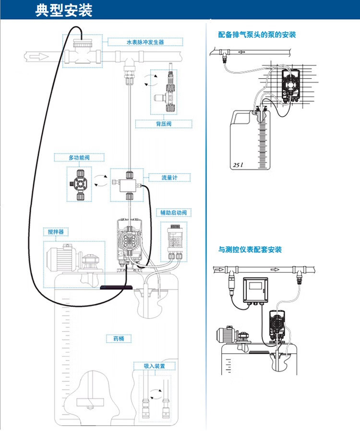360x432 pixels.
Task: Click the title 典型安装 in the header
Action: (64, 10)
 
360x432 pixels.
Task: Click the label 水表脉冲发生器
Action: (145, 42)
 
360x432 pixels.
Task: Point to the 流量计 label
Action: (169, 178)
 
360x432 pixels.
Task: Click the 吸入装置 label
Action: (154, 366)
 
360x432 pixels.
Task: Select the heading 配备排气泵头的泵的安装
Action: (257, 35)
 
